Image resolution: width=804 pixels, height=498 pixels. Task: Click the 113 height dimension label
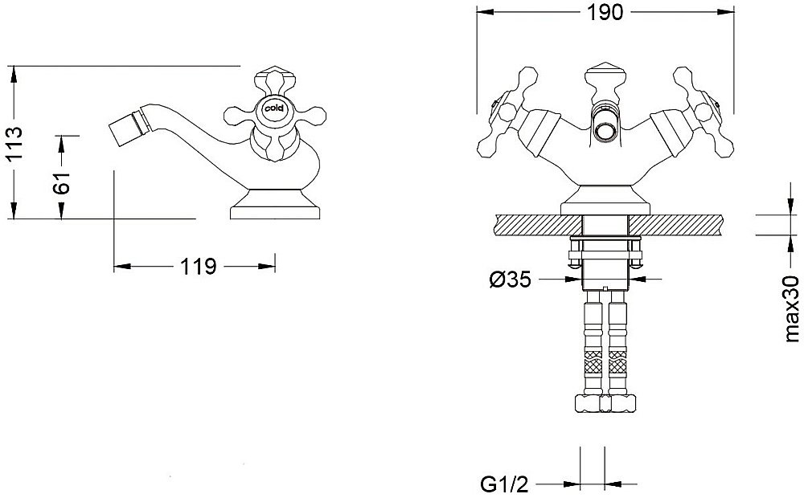(x=15, y=142)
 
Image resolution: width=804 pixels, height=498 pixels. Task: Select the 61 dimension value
(x=62, y=182)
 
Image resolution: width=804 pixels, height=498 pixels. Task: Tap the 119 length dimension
(x=199, y=267)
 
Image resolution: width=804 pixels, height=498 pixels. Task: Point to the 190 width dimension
(x=605, y=12)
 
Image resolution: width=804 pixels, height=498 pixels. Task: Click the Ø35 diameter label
(x=510, y=280)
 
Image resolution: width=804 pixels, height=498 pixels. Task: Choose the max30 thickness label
(x=792, y=308)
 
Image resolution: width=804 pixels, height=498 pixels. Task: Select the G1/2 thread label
(x=504, y=484)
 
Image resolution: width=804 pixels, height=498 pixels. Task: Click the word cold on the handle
(x=274, y=108)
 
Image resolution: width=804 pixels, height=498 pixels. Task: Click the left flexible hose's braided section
(x=593, y=365)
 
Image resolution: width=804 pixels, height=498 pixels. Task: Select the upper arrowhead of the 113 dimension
(x=14, y=75)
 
